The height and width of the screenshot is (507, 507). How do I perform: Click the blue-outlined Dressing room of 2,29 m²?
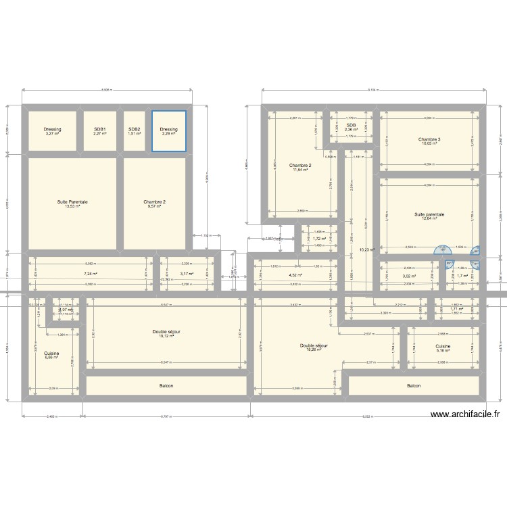(168, 131)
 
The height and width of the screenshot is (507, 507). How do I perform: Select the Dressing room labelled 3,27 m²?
(53, 131)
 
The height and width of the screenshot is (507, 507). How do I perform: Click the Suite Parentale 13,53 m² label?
(72, 203)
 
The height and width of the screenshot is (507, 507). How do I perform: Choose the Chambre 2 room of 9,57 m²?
(154, 203)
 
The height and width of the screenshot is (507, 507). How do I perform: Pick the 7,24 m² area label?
(91, 274)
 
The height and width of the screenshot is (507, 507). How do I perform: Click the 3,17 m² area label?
(187, 274)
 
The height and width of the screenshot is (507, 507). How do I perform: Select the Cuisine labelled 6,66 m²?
(51, 355)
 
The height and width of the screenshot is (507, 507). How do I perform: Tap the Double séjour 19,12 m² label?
(166, 334)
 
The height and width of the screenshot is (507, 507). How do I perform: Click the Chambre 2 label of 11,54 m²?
(300, 168)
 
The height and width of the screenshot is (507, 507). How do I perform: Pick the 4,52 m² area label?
(293, 275)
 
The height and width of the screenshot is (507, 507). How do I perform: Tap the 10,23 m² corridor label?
(366, 249)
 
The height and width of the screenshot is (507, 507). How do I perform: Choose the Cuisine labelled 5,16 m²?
(442, 349)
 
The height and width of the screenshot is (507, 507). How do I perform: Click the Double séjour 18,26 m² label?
(314, 347)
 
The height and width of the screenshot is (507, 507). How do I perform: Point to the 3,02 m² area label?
(409, 276)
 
